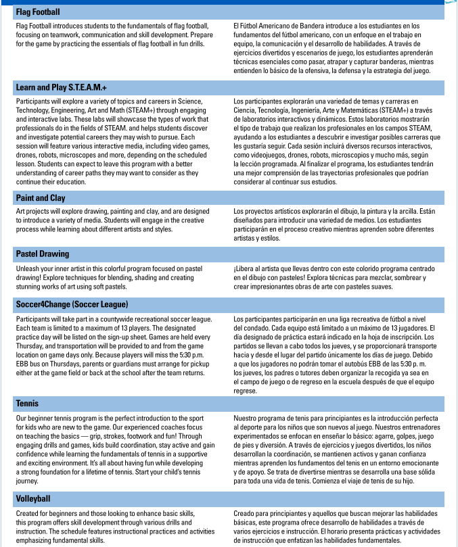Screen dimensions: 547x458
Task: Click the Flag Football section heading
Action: coord(38,12)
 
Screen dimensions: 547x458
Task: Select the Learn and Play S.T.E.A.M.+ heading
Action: coord(62,88)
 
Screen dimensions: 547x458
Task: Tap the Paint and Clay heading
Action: coord(41,198)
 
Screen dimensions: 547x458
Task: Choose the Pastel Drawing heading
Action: coord(43,254)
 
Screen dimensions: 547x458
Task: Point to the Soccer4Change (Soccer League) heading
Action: coord(72,304)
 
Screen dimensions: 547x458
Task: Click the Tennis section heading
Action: coord(28,404)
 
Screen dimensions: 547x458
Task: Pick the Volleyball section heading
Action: coord(33,499)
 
